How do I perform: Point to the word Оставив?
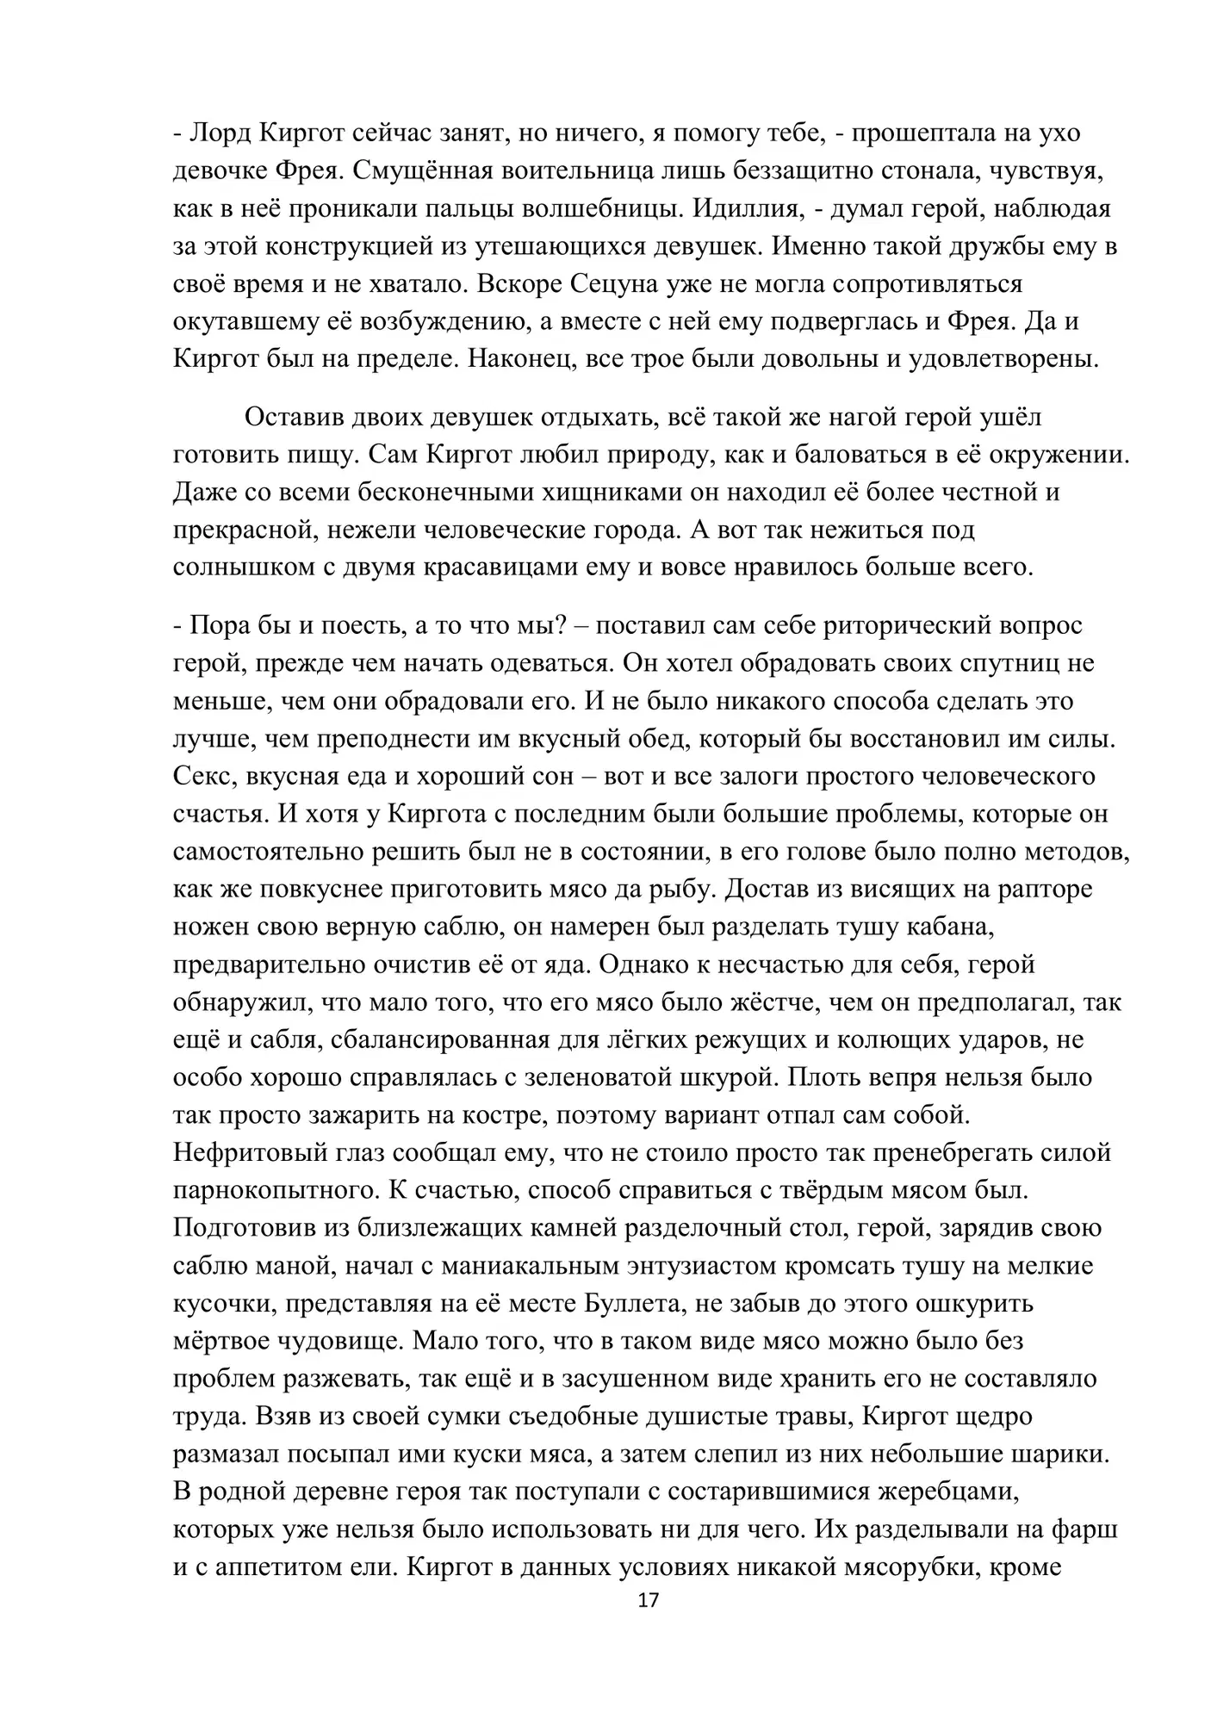[295, 418]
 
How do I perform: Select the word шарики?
[1062, 1454]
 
